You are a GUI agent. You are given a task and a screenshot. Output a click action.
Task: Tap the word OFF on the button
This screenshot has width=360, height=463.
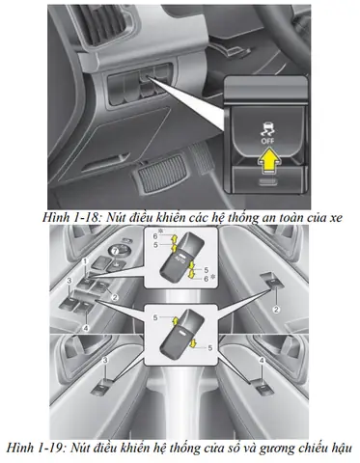click(x=267, y=141)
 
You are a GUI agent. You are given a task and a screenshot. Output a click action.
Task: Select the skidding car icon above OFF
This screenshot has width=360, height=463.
click(x=267, y=130)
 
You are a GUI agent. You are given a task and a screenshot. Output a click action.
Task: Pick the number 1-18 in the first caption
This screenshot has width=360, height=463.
click(x=85, y=218)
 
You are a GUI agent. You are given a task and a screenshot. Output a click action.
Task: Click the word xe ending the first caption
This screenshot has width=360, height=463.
click(x=335, y=219)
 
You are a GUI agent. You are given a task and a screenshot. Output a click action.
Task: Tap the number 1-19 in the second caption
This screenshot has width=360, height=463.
click(x=49, y=448)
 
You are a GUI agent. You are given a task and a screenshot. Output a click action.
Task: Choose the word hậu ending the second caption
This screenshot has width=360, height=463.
click(x=341, y=449)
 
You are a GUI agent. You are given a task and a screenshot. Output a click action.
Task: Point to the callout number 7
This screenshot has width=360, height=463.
click(x=114, y=251)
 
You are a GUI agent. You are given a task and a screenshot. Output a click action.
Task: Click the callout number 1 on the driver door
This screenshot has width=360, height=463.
click(x=85, y=261)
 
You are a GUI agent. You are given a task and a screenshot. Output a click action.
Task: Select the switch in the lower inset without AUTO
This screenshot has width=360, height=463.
click(x=181, y=334)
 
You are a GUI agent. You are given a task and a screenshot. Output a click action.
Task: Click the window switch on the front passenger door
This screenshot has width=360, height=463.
click(x=273, y=280)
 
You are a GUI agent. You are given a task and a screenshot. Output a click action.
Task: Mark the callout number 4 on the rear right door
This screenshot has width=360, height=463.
click(x=262, y=361)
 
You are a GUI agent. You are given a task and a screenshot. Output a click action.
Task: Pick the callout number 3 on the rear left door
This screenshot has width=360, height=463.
click(x=105, y=361)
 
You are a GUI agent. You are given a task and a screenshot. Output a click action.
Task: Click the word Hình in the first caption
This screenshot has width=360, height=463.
click(x=55, y=218)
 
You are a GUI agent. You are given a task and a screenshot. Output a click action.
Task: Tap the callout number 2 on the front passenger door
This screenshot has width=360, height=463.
click(x=276, y=310)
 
